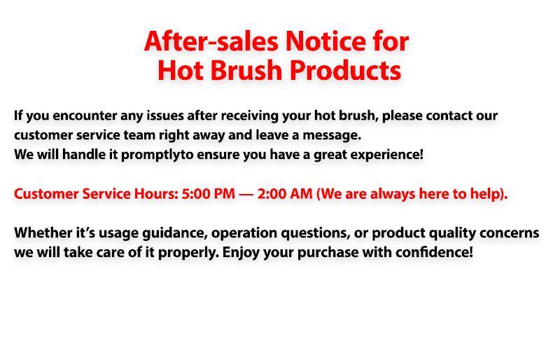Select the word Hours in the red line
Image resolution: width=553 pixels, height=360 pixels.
(155, 194)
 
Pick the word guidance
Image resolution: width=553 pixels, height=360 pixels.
(170, 233)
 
